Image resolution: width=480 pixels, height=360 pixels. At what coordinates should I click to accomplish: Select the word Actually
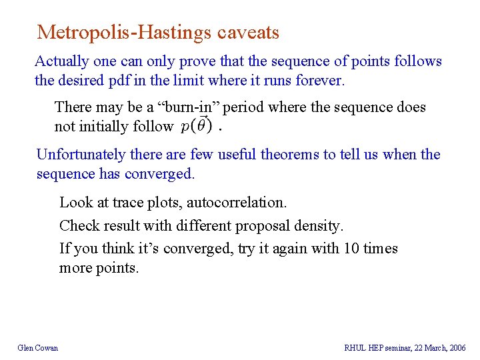62,61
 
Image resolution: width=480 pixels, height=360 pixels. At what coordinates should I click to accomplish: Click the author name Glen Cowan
38,347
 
